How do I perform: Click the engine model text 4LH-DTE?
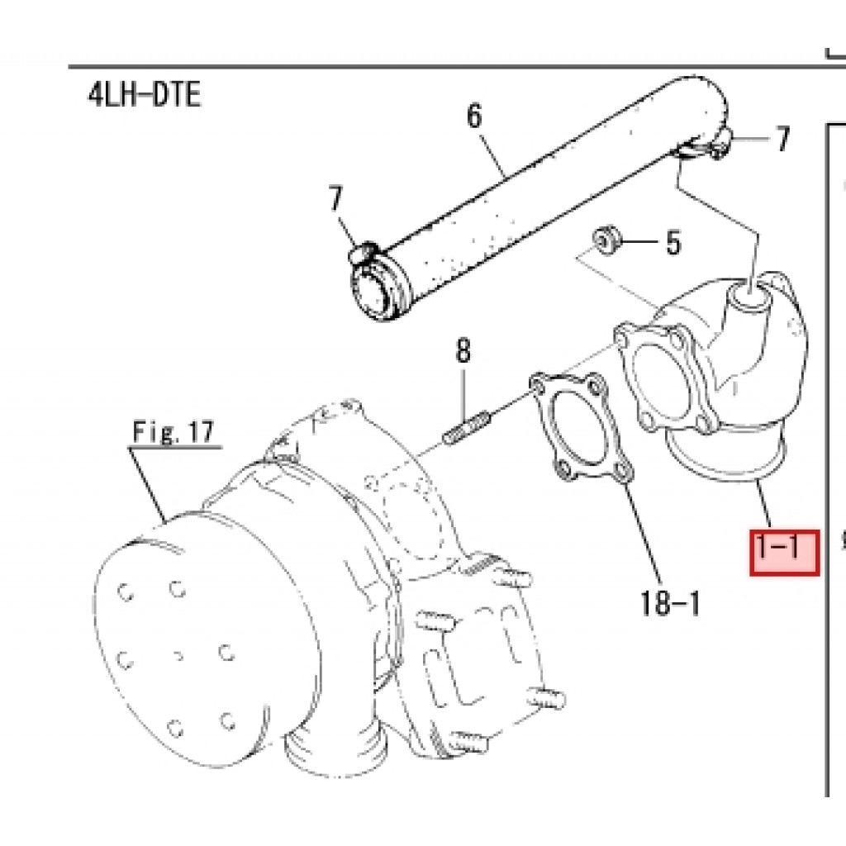144,95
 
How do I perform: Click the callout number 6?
473,116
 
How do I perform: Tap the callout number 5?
673,242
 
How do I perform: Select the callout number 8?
463,350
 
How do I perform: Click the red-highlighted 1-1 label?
785,552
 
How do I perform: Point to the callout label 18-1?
669,602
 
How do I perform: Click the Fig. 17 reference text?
173,432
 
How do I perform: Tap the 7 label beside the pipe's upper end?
782,138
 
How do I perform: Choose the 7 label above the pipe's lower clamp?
335,198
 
